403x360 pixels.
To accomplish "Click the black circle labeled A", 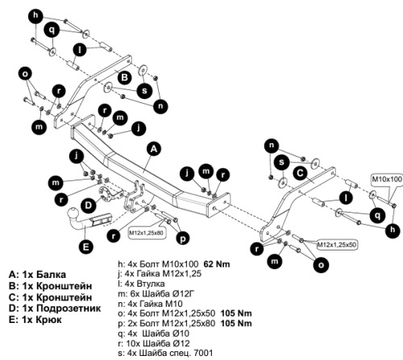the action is point(153,149).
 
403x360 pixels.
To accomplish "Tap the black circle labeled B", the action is point(125,77).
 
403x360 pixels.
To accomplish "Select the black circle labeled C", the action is point(300,173).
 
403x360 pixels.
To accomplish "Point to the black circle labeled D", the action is point(88,206).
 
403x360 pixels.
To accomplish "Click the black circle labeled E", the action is point(86,246).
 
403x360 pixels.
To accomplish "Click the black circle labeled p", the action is point(183,238).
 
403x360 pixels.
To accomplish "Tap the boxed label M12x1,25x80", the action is point(146,233).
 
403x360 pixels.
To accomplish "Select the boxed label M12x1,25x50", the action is point(337,245).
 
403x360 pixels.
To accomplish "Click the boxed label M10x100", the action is point(387,179).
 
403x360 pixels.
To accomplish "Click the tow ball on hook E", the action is point(73,214).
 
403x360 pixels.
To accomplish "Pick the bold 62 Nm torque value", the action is point(217,264).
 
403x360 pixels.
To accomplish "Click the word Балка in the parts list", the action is point(51,275).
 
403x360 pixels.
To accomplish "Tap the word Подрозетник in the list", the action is point(69,308).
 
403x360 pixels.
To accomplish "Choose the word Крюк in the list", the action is point(48,320).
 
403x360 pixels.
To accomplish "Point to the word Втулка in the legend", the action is point(151,283).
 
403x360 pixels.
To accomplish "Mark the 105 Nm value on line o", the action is point(236,313).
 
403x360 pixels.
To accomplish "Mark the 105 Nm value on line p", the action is point(236,323).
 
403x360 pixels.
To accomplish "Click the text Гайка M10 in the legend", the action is point(161,304).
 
